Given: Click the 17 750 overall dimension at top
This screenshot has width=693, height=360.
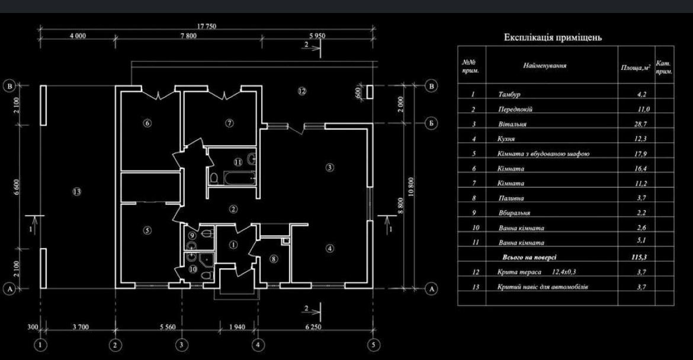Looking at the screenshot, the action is (x=206, y=27).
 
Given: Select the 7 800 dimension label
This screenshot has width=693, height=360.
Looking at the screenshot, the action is (x=189, y=36).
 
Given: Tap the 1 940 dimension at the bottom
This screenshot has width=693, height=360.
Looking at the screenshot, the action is (x=237, y=327).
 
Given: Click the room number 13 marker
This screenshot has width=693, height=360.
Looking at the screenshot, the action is (x=77, y=192).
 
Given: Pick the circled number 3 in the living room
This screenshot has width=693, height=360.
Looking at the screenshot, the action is (x=330, y=168).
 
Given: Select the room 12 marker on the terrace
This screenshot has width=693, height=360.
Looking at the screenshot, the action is (x=301, y=91).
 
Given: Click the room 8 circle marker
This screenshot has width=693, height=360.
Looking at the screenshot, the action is (x=274, y=259).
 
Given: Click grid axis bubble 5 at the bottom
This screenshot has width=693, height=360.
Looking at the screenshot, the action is (x=374, y=345).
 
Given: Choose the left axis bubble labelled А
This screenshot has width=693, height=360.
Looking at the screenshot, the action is (x=9, y=289).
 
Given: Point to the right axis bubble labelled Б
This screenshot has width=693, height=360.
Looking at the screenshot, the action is (x=431, y=123).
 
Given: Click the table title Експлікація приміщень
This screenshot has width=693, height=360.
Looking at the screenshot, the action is (x=553, y=37).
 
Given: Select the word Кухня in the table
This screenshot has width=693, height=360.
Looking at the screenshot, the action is (x=506, y=139).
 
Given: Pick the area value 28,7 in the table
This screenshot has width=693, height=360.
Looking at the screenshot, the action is (x=640, y=124).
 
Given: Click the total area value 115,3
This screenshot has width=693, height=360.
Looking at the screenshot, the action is (x=640, y=257).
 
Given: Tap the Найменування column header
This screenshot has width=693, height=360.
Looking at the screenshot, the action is (x=545, y=66).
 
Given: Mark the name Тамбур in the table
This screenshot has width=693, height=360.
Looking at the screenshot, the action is (x=509, y=94).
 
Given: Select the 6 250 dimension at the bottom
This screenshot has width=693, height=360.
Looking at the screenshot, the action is (x=313, y=327).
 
